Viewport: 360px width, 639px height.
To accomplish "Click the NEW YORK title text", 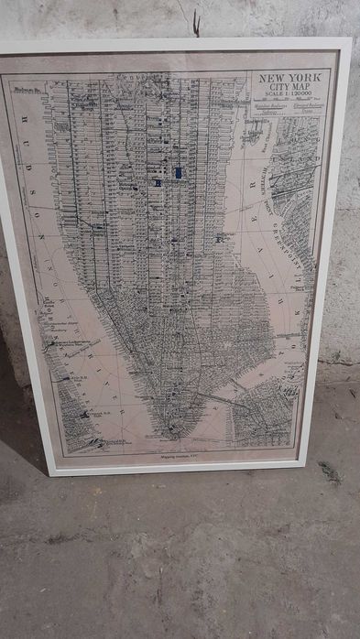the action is (x=290, y=78).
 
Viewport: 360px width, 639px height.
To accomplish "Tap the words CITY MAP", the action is (x=290, y=88).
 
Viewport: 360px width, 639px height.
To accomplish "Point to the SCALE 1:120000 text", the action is (x=290, y=96).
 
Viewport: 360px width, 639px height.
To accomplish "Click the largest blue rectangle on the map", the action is (x=178, y=172).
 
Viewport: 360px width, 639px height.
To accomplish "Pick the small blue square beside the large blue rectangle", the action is (x=158, y=182).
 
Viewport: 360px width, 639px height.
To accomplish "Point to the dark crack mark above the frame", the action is (x=196, y=24).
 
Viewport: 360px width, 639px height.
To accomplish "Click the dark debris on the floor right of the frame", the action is (x=329, y=472).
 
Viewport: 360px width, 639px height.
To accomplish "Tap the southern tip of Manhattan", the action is (x=174, y=430).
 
